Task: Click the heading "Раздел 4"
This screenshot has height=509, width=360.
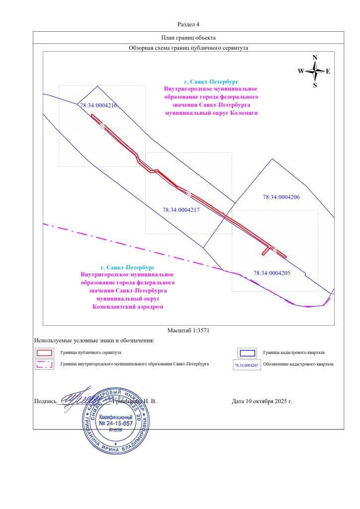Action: pos(188,24)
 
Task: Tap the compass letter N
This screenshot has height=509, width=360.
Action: pos(315,58)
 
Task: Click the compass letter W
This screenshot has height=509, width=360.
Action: pos(301,71)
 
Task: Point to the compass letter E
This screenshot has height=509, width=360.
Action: pos(328,71)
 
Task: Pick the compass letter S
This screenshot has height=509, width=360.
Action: pos(315,85)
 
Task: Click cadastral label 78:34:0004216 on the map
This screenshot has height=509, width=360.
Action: pos(98,105)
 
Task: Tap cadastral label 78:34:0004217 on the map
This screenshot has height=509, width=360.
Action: pos(181,210)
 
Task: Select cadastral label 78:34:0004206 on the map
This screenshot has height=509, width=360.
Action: pos(281,197)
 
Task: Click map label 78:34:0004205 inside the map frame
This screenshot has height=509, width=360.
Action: pos(271,273)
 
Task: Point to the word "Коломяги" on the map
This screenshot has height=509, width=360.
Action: pos(245,113)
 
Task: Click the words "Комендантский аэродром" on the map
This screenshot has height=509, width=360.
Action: pos(127,307)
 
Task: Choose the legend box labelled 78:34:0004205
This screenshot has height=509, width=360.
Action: pos(247,365)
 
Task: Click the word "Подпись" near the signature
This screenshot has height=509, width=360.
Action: pos(45,401)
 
